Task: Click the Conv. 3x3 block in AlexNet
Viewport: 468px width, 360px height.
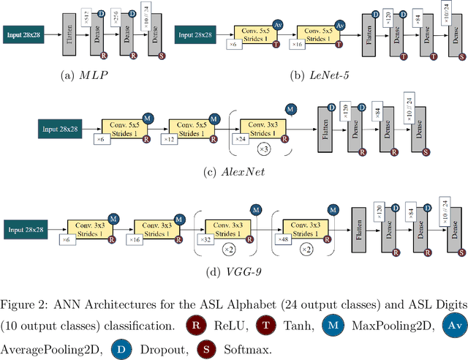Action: [261, 130]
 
